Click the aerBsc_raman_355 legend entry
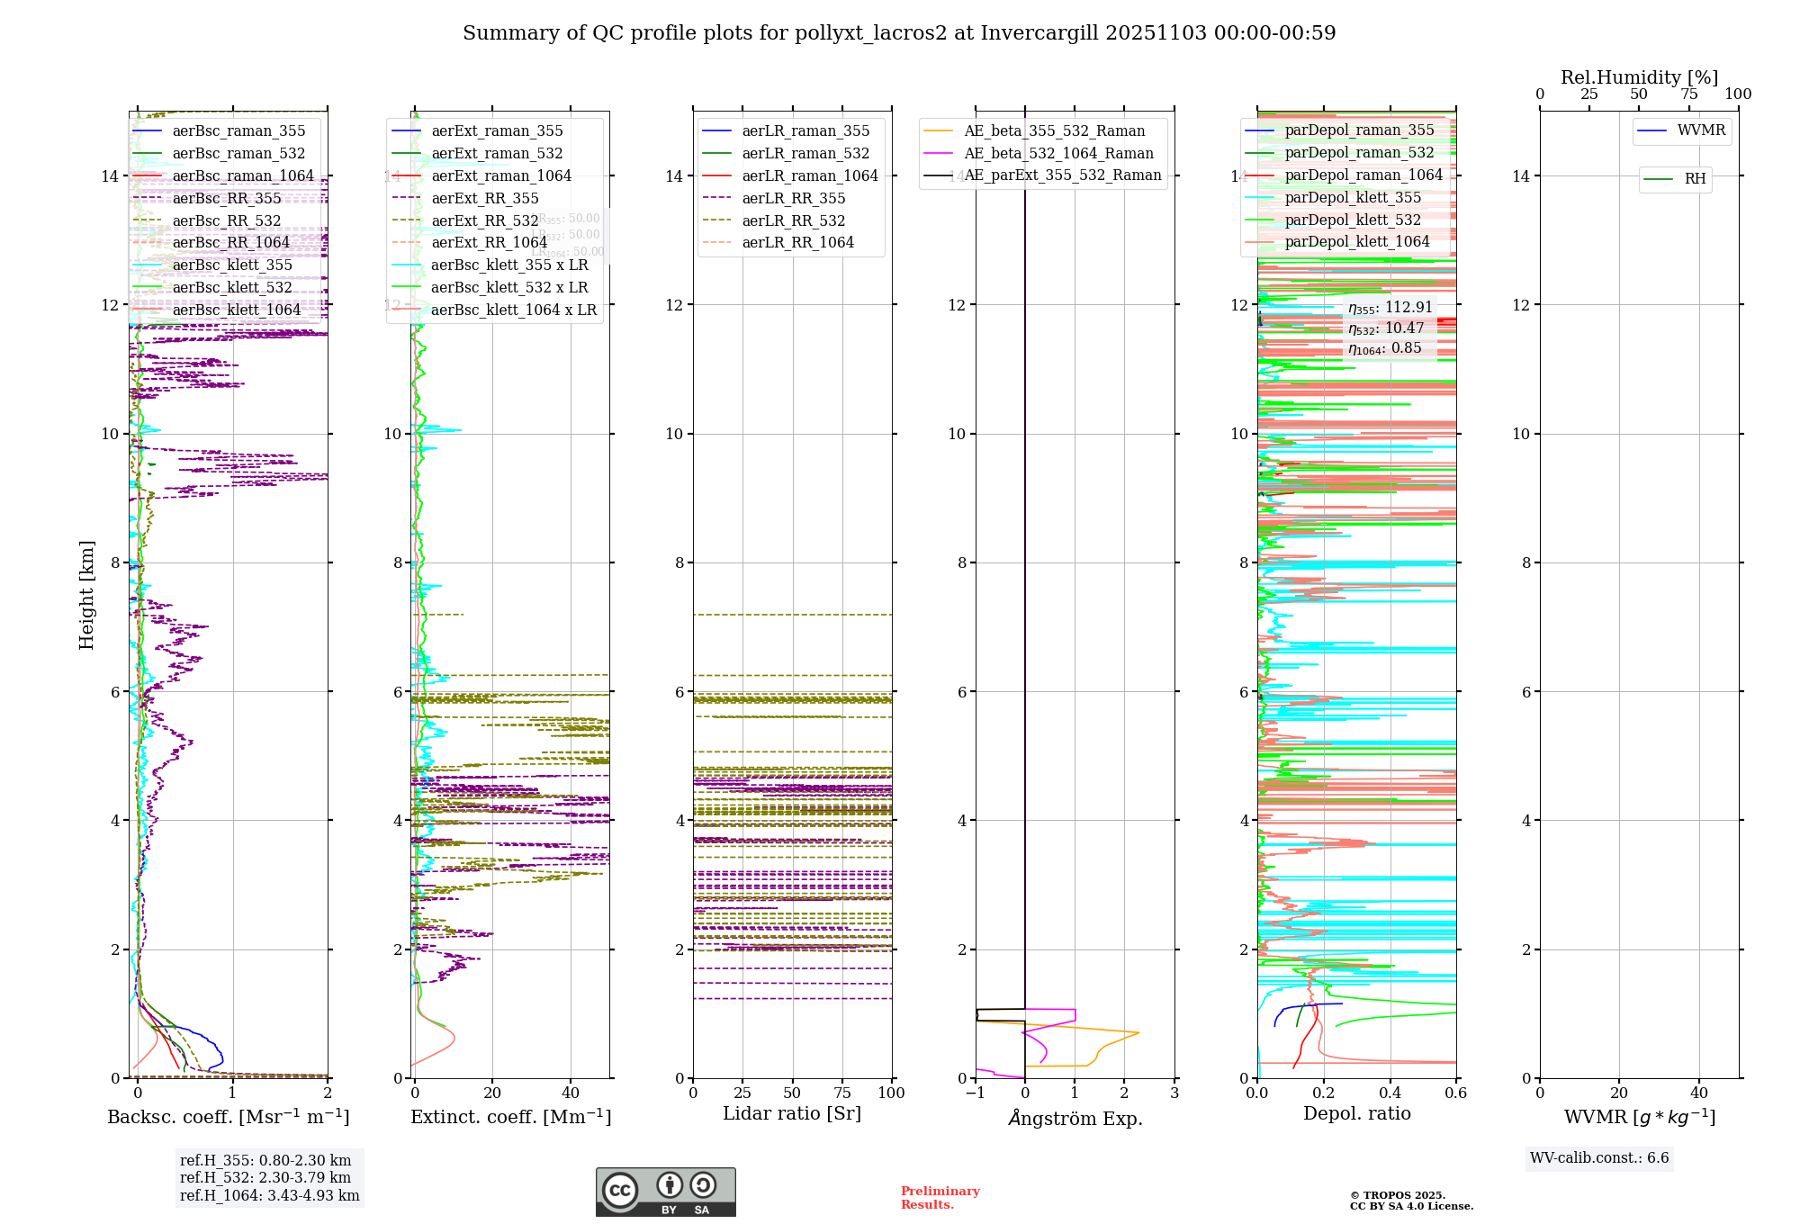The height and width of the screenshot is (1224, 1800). point(238,131)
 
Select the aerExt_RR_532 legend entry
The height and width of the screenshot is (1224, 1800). point(484,220)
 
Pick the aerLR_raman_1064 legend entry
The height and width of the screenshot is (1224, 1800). point(809,175)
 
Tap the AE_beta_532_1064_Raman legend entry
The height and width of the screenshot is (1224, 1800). point(1058,153)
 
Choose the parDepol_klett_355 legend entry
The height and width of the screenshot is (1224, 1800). point(1353,197)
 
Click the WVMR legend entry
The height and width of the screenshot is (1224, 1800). point(1701,130)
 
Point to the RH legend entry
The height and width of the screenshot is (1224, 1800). point(1695,179)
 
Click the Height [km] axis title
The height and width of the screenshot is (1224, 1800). point(86,595)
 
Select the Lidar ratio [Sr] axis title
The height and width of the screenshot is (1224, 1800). point(792,1113)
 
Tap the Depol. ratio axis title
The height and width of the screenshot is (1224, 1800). point(1356,1113)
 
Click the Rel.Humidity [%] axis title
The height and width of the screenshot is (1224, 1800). point(1639,77)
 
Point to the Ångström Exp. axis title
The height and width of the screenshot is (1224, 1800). point(1075,1118)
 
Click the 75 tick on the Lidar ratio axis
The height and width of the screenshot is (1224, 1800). point(842,1093)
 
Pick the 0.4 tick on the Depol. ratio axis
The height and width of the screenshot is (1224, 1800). point(1390,1093)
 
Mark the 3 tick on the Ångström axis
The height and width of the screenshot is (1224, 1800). point(1174,1093)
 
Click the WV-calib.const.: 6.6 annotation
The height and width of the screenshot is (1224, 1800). point(1599,1158)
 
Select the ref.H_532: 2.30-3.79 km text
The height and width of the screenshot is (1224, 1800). point(265,1177)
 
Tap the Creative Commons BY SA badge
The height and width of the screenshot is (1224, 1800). point(665,1192)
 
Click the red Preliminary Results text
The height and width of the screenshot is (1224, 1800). point(940,1197)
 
